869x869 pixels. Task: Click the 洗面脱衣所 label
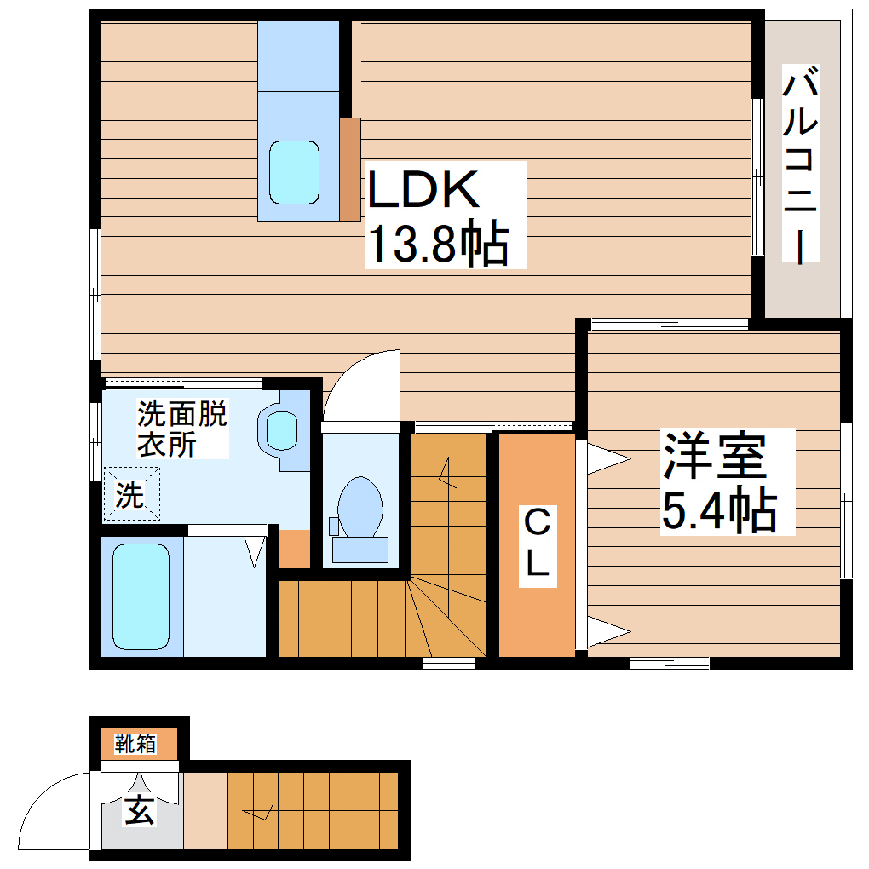coord(181,429)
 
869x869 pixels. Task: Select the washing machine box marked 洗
coord(131,494)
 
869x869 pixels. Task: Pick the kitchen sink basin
coord(295,172)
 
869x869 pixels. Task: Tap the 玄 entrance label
coord(140,809)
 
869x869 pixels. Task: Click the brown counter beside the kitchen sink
coord(350,169)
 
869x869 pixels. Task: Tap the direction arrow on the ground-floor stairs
coord(259,812)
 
